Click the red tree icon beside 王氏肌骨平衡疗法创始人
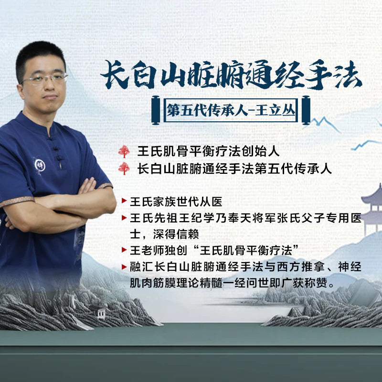click(x=124, y=151)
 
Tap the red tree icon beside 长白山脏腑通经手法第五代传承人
click(x=124, y=169)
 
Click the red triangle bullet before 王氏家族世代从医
click(x=124, y=202)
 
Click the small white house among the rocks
click(x=101, y=312)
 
